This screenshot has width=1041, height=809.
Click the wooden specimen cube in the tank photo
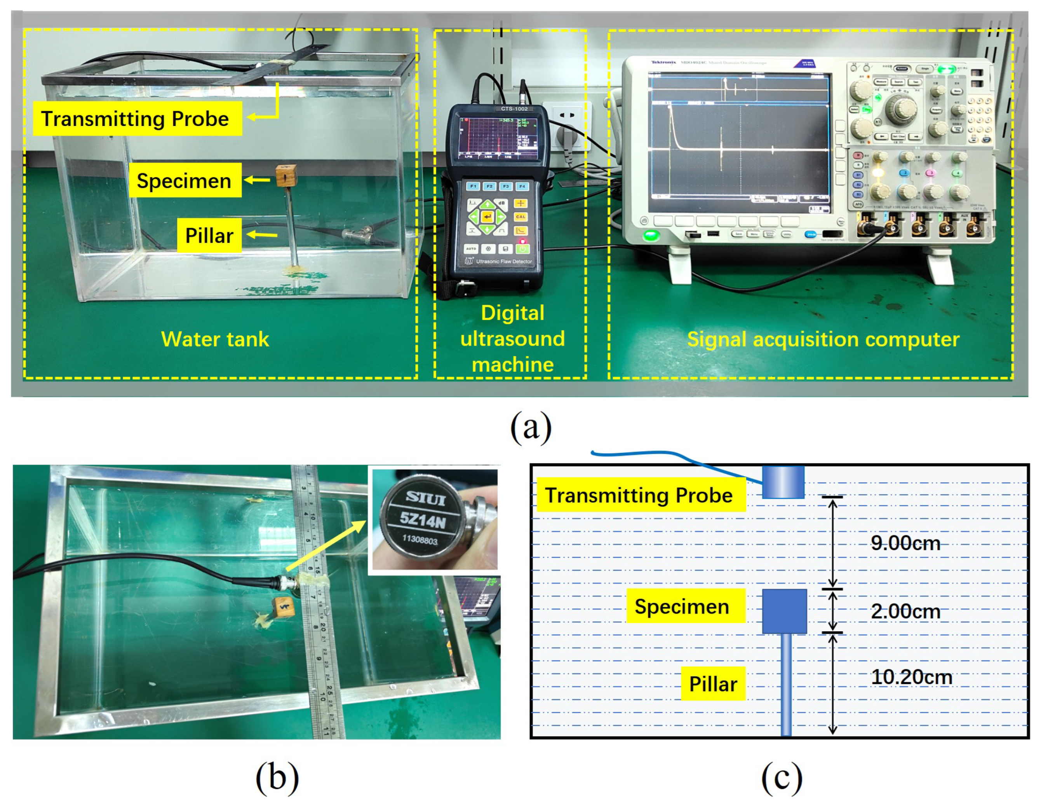[286, 176]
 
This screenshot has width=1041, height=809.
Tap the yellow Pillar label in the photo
[209, 235]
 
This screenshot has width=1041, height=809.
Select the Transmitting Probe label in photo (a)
[137, 119]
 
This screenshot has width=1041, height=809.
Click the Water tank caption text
[215, 339]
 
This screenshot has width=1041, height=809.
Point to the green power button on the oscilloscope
[651, 235]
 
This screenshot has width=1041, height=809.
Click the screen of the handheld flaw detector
[498, 138]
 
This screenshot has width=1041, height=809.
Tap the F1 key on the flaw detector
[473, 186]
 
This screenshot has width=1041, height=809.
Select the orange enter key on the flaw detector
[487, 217]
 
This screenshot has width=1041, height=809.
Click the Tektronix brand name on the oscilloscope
[663, 63]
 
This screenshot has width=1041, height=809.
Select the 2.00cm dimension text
[905, 612]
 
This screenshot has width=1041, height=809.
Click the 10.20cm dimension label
[911, 677]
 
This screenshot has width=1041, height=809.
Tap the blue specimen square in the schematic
[785, 611]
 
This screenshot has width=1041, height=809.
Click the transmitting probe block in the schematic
[783, 482]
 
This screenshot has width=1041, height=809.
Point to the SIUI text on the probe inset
[425, 498]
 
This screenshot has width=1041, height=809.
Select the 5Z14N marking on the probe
[422, 519]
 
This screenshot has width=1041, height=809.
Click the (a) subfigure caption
[531, 426]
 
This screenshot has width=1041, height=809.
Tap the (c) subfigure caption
[782, 778]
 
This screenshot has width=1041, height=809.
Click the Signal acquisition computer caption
[823, 339]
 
